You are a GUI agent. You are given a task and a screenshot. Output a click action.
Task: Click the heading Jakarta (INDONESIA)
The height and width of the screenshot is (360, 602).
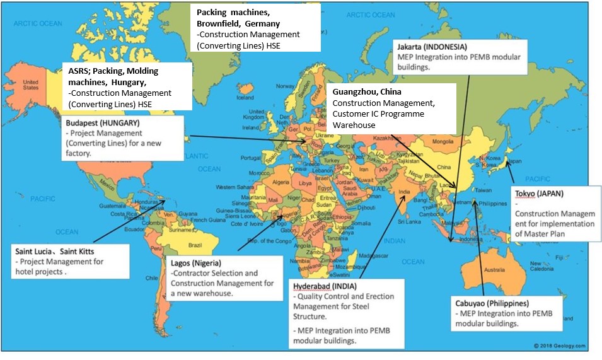tap(432, 47)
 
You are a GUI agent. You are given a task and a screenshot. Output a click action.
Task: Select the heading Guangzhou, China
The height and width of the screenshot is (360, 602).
tap(362, 92)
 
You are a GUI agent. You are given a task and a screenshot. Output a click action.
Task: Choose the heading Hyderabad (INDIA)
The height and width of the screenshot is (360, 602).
tap(324, 286)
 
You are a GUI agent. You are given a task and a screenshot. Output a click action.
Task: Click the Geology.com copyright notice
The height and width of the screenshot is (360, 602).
tap(559, 346)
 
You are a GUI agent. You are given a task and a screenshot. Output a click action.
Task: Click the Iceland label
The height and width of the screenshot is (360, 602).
tap(245, 98)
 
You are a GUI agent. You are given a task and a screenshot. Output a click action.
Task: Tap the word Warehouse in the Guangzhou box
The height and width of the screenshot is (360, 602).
tap(354, 125)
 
